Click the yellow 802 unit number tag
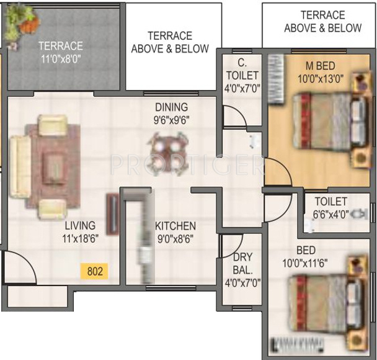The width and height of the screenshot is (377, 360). [94, 271]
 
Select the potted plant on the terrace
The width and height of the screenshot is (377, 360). [22, 20]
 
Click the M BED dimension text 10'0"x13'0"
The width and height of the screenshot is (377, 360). [321, 78]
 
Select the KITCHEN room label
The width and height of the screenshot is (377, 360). [175, 226]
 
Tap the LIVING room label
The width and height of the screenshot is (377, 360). [80, 225]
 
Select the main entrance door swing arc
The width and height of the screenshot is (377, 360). [17, 269]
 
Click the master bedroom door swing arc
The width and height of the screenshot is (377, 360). [277, 171]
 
